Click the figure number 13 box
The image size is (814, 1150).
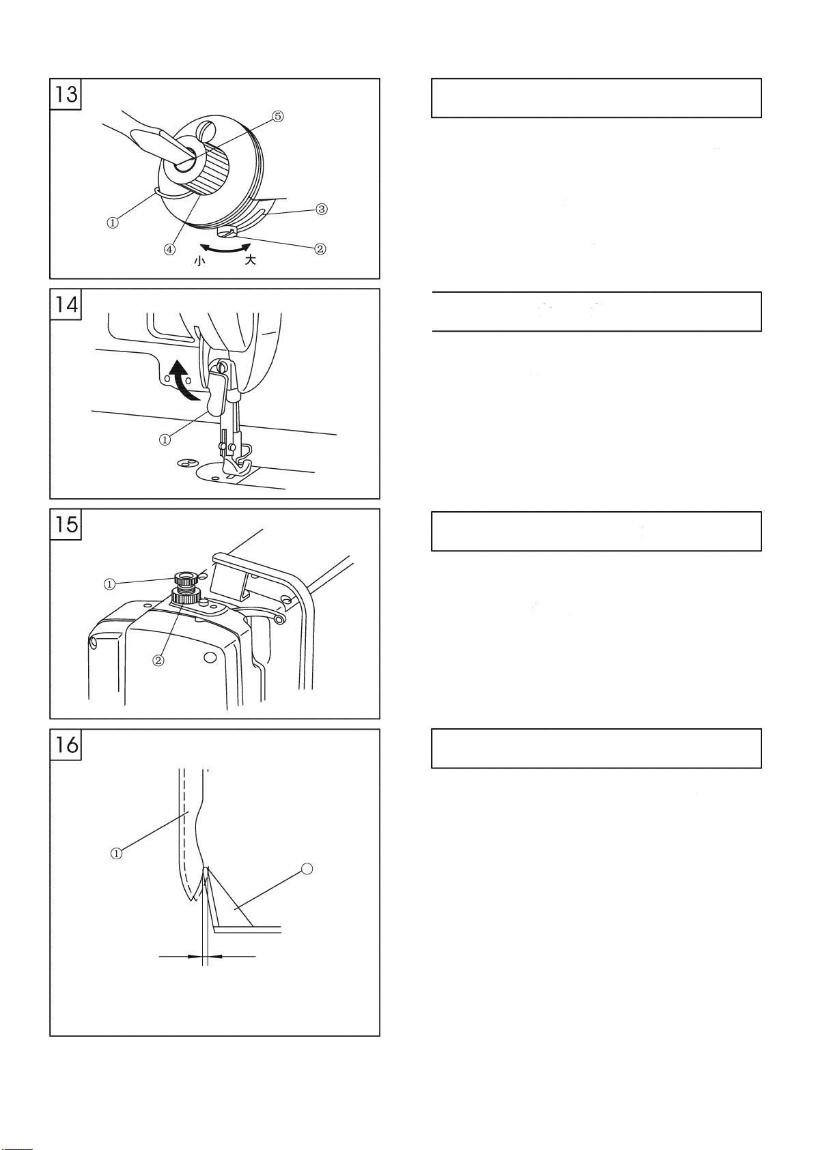pos(66,94)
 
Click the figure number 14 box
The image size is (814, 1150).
pos(66,304)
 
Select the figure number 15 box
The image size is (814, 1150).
pos(66,524)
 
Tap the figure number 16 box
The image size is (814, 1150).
pos(66,745)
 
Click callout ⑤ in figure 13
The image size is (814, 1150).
pos(277,116)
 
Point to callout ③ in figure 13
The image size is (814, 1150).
pos(322,209)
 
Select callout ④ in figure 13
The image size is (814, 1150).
pos(169,250)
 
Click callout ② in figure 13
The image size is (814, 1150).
pos(320,249)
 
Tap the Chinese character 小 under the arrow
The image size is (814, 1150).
pos(200,261)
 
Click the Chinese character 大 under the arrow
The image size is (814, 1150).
pos(250,260)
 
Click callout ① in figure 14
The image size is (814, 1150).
pos(165,440)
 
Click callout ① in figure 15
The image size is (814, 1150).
pos(109,584)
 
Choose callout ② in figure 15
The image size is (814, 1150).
pos(158,660)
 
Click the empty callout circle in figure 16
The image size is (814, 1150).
pos(307,869)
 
